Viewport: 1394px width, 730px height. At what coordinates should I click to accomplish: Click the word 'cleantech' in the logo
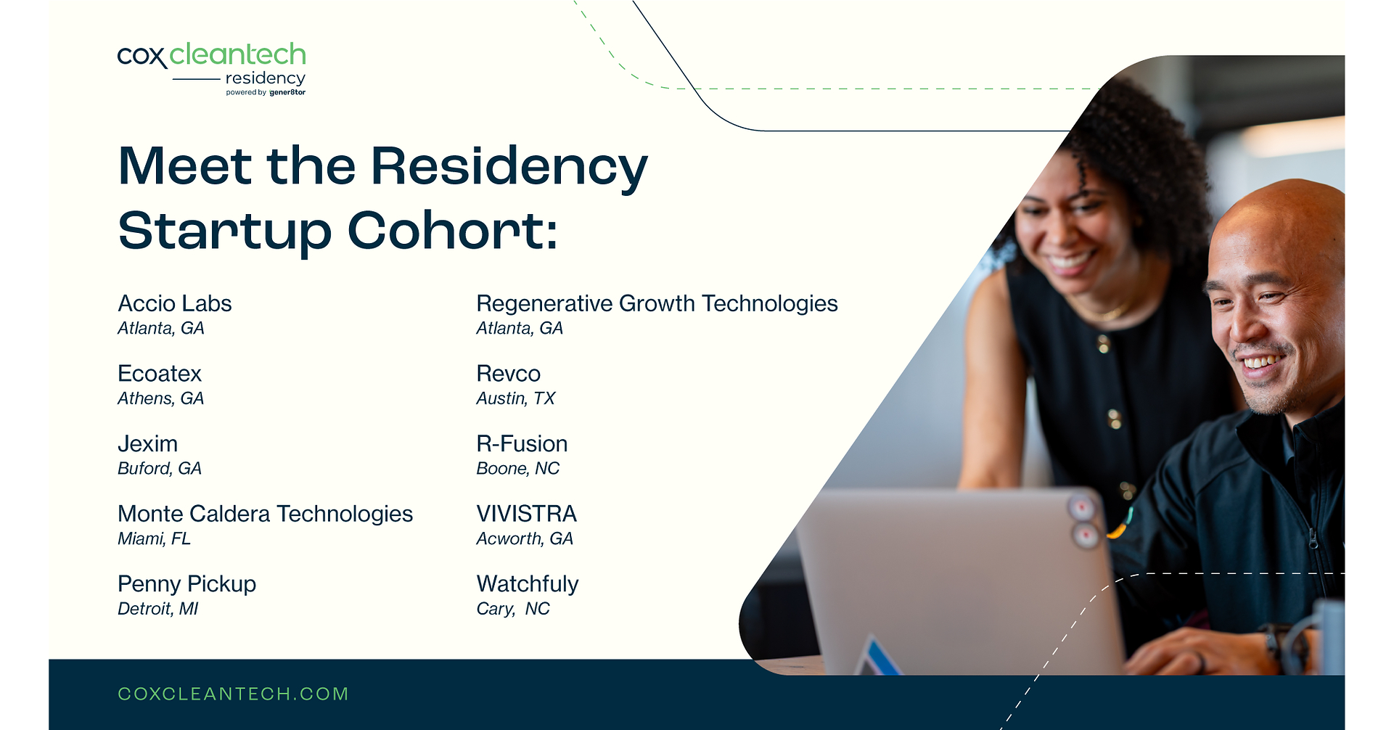[x=238, y=54]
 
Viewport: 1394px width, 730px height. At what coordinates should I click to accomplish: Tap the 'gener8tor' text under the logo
[x=287, y=93]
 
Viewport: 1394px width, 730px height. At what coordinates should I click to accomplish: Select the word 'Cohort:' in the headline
[x=452, y=230]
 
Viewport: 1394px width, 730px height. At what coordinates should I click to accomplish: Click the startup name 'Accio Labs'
[x=175, y=303]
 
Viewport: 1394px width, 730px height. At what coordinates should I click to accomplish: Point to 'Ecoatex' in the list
[x=160, y=374]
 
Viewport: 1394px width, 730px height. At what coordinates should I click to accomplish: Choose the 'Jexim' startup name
[x=147, y=444]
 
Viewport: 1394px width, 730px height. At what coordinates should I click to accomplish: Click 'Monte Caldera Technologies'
[x=265, y=514]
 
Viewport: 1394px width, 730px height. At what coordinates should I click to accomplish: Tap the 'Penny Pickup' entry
[x=186, y=584]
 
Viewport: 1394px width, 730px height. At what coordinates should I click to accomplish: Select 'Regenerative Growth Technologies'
[x=657, y=303]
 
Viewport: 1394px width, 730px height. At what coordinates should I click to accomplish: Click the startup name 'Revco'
[x=508, y=374]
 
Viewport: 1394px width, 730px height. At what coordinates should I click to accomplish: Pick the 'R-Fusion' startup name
[x=522, y=444]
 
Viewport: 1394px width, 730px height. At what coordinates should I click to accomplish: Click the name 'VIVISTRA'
[x=526, y=514]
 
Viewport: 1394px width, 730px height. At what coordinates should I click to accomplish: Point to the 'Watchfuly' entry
[x=528, y=584]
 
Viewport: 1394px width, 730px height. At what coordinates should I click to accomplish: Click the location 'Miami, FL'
[x=154, y=538]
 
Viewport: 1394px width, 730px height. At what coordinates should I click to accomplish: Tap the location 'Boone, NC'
[x=517, y=469]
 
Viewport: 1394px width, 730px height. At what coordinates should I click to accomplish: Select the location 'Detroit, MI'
[x=157, y=609]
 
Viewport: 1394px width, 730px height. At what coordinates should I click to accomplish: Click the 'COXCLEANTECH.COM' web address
[x=233, y=694]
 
